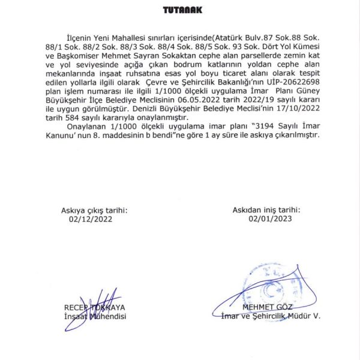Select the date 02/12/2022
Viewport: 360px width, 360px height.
[91, 219]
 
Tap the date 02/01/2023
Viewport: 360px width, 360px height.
[269, 219]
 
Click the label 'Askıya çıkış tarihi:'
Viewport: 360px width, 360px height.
[95, 211]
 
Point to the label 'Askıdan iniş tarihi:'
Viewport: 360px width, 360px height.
[266, 211]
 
